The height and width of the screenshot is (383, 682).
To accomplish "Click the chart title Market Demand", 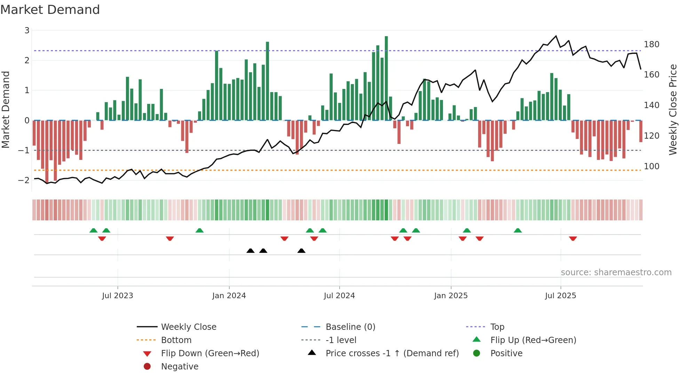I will [50, 10].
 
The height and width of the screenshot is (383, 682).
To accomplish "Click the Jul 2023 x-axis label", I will [117, 296].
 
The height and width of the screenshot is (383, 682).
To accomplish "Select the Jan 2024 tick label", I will [229, 296].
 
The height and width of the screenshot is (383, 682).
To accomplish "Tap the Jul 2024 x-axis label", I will [339, 296].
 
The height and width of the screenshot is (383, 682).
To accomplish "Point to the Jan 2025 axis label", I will [451, 296].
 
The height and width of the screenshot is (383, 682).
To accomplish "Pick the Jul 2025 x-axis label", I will [561, 296].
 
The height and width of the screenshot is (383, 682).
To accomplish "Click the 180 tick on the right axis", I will [651, 44].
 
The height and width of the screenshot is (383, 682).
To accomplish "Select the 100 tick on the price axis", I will [651, 166].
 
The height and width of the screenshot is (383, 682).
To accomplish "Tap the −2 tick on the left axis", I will [24, 180].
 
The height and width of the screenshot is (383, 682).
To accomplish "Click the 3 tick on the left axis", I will [27, 31].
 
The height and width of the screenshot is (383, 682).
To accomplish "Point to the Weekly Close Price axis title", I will [673, 109].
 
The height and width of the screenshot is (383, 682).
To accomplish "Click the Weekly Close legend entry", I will [188, 327].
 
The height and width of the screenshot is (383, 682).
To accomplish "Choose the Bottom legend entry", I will [176, 340].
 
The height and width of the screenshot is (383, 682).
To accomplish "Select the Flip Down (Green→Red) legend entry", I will [210, 353].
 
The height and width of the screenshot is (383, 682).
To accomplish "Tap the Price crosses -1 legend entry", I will [392, 353].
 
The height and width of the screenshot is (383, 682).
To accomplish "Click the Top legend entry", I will [497, 327].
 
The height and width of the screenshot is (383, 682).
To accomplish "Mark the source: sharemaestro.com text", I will [616, 272].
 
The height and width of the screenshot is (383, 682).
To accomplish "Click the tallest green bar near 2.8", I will [386, 78].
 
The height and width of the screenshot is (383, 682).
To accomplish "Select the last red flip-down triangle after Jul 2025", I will [573, 238].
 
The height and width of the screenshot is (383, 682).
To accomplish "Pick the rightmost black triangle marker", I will [302, 251].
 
